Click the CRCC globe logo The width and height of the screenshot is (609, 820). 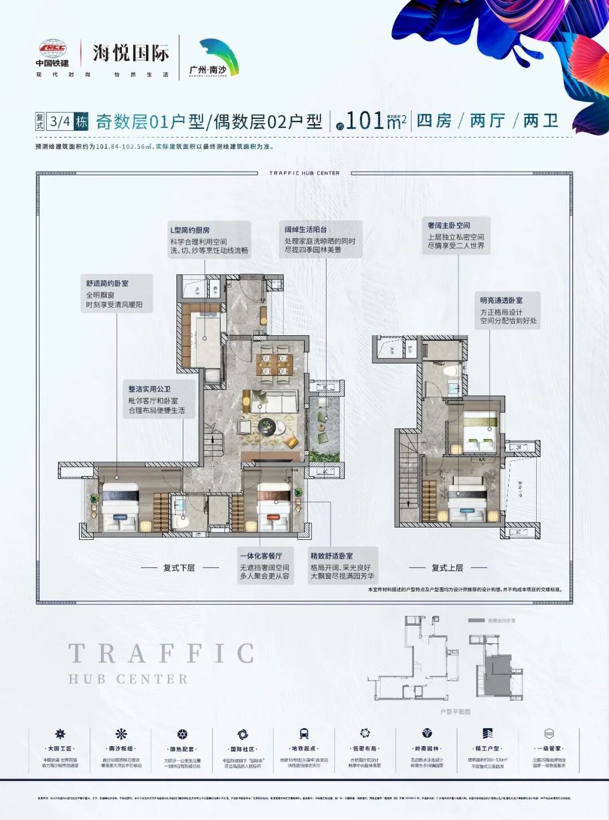tap(52, 49)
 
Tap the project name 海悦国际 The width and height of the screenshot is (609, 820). tap(131, 54)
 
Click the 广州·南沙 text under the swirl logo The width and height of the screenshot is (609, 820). tap(208, 70)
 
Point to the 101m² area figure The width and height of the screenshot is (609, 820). tap(374, 121)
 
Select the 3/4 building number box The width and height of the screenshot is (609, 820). tap(60, 121)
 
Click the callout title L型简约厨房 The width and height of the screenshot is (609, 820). tap(190, 230)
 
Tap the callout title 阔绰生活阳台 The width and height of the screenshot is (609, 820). tap(305, 229)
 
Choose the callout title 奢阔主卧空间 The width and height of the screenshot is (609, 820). tap(448, 225)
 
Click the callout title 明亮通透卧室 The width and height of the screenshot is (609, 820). tap(501, 300)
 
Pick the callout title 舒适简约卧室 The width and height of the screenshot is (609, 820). tap(107, 283)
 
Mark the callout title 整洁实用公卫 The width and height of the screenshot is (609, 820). tap(149, 389)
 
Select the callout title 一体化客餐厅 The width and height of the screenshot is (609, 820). tap(261, 556)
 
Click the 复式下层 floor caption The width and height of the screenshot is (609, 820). tap(179, 568)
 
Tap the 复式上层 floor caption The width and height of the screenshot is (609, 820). tap(447, 568)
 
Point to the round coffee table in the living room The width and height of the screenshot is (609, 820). tap(266, 428)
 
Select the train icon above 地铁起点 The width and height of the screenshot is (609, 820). tap(304, 733)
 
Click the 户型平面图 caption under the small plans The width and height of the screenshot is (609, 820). tap(455, 712)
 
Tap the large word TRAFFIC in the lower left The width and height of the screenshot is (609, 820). tap(161, 654)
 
